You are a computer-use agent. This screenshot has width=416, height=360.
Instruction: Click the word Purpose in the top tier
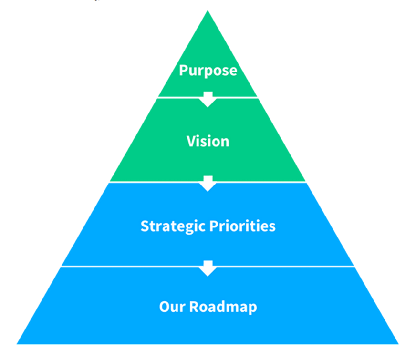click(208, 71)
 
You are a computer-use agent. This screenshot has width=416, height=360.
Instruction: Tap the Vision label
click(208, 142)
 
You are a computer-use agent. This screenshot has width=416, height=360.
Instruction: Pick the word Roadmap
click(223, 307)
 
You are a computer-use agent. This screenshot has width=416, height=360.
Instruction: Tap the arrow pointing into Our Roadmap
click(208, 268)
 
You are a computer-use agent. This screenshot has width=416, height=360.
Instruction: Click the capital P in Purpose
click(183, 71)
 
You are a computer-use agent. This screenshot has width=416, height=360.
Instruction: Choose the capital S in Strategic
click(144, 226)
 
